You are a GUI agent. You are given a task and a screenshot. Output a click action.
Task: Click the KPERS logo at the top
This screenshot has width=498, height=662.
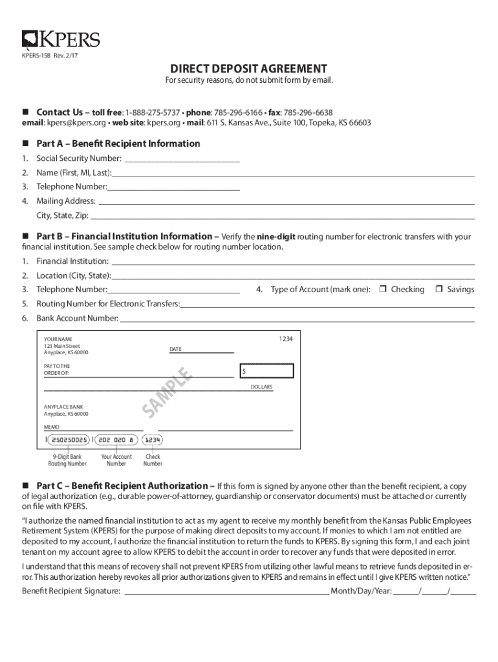tap(61, 40)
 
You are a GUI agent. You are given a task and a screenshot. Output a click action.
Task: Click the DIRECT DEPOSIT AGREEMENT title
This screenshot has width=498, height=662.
tap(248, 69)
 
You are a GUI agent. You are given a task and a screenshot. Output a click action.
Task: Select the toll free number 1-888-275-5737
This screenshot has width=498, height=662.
tap(152, 112)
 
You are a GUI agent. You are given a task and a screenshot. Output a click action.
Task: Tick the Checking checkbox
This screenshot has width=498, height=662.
tap(382, 290)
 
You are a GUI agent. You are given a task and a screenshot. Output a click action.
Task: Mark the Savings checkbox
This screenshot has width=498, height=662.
tap(438, 290)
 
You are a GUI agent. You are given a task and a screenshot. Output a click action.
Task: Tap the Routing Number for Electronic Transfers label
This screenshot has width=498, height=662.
tap(107, 304)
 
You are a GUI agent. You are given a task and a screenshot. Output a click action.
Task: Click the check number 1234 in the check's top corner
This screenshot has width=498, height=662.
tap(285, 339)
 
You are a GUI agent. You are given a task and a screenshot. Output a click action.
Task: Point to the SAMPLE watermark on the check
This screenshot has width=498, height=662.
tap(167, 391)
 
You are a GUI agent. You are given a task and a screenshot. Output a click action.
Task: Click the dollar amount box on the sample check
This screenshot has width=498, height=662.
tap(266, 371)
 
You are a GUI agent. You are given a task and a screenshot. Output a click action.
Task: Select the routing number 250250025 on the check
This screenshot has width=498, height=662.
tap(69, 440)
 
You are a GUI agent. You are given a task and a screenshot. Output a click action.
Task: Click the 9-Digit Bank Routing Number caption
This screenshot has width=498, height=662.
tap(67, 460)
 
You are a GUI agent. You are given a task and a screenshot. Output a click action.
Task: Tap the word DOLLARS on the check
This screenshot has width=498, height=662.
tap(261, 387)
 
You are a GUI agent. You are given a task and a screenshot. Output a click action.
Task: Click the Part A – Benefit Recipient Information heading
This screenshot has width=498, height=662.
tap(118, 144)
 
